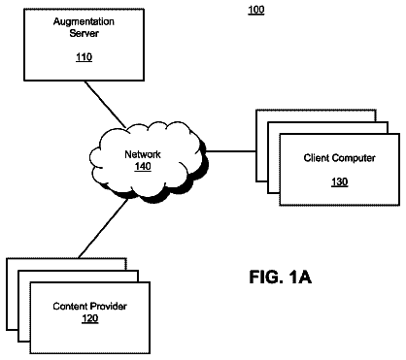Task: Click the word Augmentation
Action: pos(84,22)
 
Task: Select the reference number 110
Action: pos(85,57)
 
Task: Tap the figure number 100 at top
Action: pos(256,10)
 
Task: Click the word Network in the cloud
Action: pos(143,154)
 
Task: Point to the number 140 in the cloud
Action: pos(143,166)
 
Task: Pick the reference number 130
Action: pos(340,182)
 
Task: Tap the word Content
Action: pos(70,306)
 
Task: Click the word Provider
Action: pos(109,306)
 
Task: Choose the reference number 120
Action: pos(90,318)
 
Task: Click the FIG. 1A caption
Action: pos(281,278)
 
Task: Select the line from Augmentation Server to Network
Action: pos(105,104)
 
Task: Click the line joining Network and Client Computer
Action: pos(231,151)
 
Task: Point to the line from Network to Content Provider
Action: pos(103,228)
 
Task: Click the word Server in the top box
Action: pos(84,33)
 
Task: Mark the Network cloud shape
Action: pos(149,162)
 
